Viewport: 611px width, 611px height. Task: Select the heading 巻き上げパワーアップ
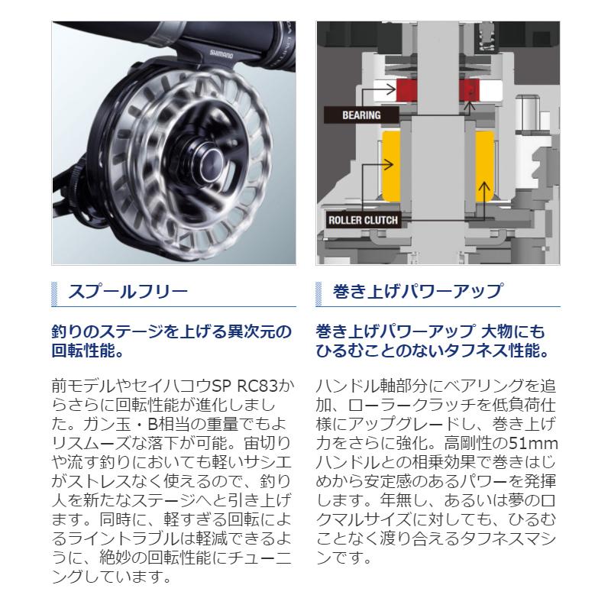[x=417, y=291]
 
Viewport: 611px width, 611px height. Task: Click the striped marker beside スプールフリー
[x=54, y=292]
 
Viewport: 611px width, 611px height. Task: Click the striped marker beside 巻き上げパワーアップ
[x=320, y=292]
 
